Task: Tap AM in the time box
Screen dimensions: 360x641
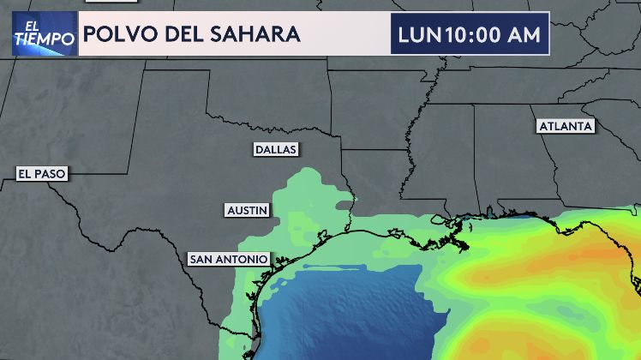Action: tap(524, 34)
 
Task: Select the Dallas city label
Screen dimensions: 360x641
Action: tap(276, 149)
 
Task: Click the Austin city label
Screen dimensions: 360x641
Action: tap(248, 209)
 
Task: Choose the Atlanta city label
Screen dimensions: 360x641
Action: tap(566, 126)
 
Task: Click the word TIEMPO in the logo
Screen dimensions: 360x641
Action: tap(44, 39)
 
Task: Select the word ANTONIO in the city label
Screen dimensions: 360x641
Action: tap(243, 258)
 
